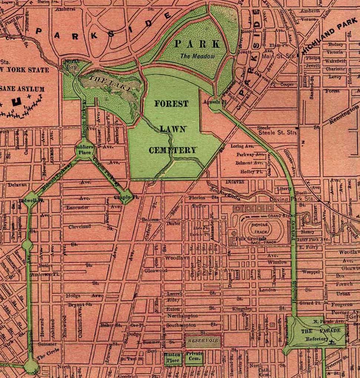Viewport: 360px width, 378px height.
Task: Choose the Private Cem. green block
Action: coord(194,356)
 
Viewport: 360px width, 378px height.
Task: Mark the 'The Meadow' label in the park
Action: coord(198,56)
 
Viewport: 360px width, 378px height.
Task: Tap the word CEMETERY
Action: coord(172,150)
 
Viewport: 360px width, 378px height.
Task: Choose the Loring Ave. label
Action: coord(242,146)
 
